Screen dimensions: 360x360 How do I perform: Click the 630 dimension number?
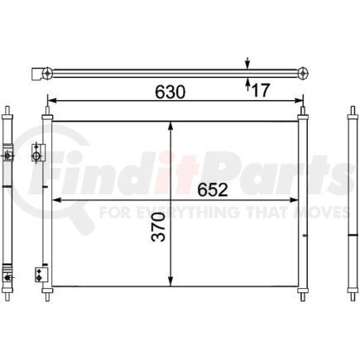coord(170,92)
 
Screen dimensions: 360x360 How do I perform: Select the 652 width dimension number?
coord(213,190)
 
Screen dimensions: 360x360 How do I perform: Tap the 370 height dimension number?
coord(159,227)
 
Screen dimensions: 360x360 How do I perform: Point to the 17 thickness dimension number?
coord(260,90)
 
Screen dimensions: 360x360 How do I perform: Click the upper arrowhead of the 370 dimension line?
coord(170,126)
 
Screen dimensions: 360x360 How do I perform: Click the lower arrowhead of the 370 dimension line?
coord(170,281)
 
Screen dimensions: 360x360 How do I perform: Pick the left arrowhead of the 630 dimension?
coord(52,101)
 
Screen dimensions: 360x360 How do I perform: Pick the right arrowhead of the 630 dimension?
coord(299,101)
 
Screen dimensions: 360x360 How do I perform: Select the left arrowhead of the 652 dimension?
coord(56,200)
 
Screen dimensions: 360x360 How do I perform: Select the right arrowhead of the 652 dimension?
coord(294,200)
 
